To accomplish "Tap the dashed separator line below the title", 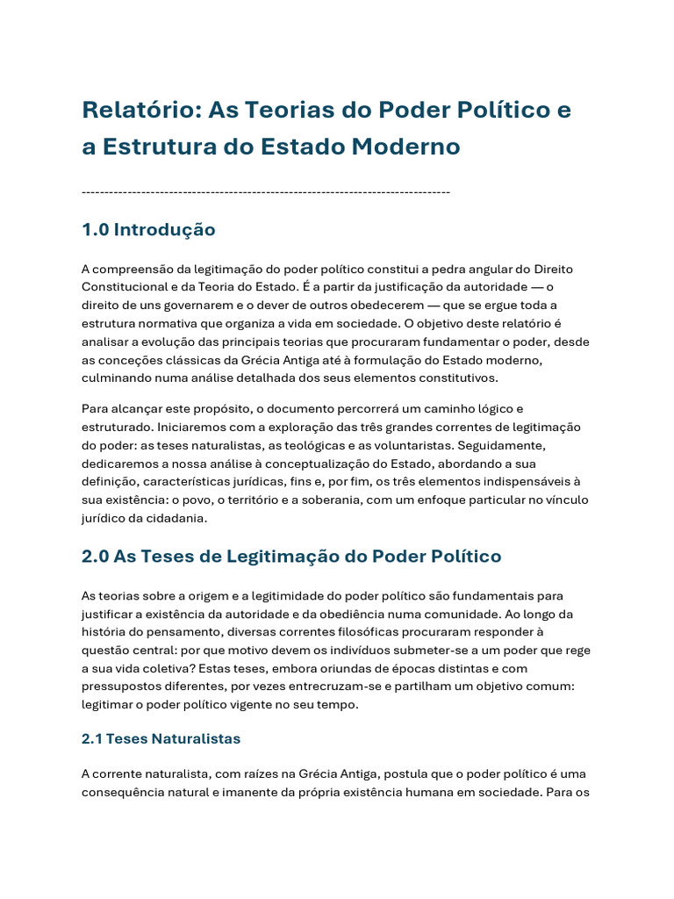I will pos(265,191).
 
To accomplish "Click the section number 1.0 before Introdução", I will pos(95,230).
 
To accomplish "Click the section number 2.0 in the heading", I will pos(95,556).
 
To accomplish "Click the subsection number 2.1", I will pos(91,739).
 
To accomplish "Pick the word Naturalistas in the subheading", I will pos(197,739).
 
